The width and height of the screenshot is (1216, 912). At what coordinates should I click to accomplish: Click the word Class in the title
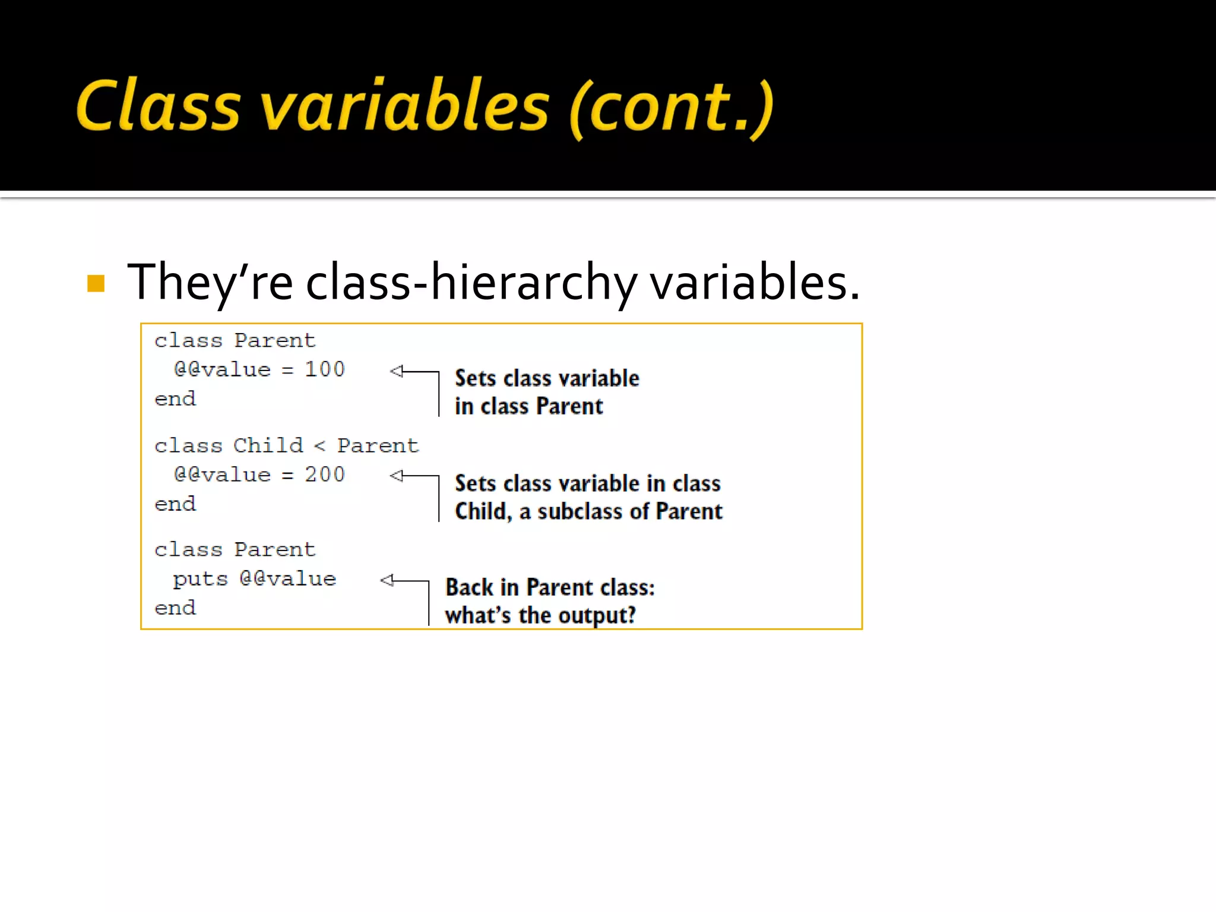coord(157,106)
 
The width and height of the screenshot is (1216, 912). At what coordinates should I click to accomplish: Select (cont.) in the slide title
coord(672,108)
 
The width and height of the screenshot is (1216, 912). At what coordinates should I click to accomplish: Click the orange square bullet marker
coord(96,283)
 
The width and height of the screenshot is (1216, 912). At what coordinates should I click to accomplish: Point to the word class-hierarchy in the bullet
coord(471,282)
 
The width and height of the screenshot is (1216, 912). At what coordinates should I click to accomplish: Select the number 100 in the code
coord(324,369)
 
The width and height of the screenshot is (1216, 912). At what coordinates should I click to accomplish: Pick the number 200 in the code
coord(324,474)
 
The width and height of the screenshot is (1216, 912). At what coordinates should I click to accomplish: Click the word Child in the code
coord(268,445)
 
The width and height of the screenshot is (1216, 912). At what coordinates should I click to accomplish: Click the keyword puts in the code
coord(200,579)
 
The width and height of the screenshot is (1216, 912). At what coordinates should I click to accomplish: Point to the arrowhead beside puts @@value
coord(387,580)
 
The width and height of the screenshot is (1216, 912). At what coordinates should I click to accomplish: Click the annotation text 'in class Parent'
coord(528,407)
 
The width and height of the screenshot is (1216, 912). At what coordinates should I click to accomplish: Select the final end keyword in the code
coord(175,608)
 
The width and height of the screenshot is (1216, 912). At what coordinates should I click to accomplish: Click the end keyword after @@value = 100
coord(175,399)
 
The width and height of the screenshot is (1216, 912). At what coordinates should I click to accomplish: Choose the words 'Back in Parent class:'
coord(550,587)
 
